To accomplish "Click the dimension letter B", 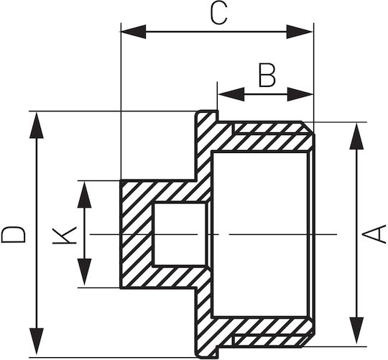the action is (267, 75).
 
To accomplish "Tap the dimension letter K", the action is (65, 234).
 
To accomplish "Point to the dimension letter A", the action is (374, 234).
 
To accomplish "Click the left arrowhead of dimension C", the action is (133, 32).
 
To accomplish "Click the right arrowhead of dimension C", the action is (300, 32).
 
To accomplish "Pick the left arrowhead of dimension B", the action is (231, 94).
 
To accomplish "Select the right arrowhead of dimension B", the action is (300, 94).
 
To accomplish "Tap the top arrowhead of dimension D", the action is (37, 125).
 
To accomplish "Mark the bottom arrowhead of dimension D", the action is (37, 341).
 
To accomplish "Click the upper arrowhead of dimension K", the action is (84, 195).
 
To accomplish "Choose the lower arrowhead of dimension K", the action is (84, 272).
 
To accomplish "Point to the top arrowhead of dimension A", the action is (356, 136).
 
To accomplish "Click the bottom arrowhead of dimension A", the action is (356, 331).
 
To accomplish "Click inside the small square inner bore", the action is (180, 234).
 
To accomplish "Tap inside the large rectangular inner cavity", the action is (260, 234).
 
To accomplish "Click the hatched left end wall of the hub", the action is (137, 234).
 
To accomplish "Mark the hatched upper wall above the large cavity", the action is (262, 136).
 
